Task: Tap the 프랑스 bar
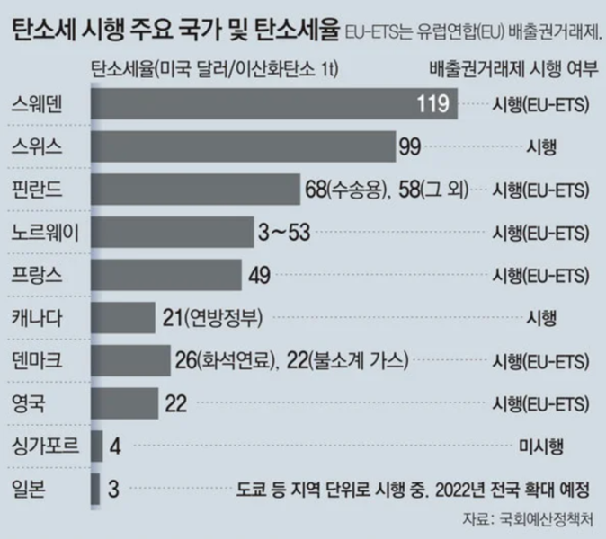(x=167, y=275)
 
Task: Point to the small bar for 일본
(x=95, y=490)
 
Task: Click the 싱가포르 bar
(x=96, y=446)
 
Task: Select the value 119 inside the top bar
(x=432, y=104)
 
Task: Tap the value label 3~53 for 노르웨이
(x=284, y=233)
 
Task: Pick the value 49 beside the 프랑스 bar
(x=260, y=275)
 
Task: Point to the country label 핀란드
(x=35, y=190)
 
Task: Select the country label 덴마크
(x=35, y=361)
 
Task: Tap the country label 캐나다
(x=35, y=318)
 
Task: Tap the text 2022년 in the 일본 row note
(x=464, y=490)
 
